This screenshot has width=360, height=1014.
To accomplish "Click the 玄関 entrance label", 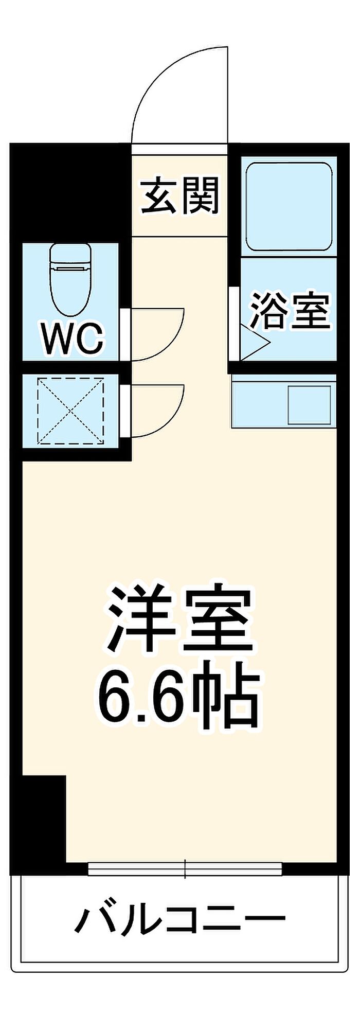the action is pyautogui.click(x=181, y=196).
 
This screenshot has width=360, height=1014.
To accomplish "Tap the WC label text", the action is pyautogui.click(x=73, y=339).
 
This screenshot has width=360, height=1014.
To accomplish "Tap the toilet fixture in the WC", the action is pyautogui.click(x=70, y=279).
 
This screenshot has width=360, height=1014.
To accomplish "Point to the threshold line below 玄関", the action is pyautogui.click(x=179, y=237).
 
